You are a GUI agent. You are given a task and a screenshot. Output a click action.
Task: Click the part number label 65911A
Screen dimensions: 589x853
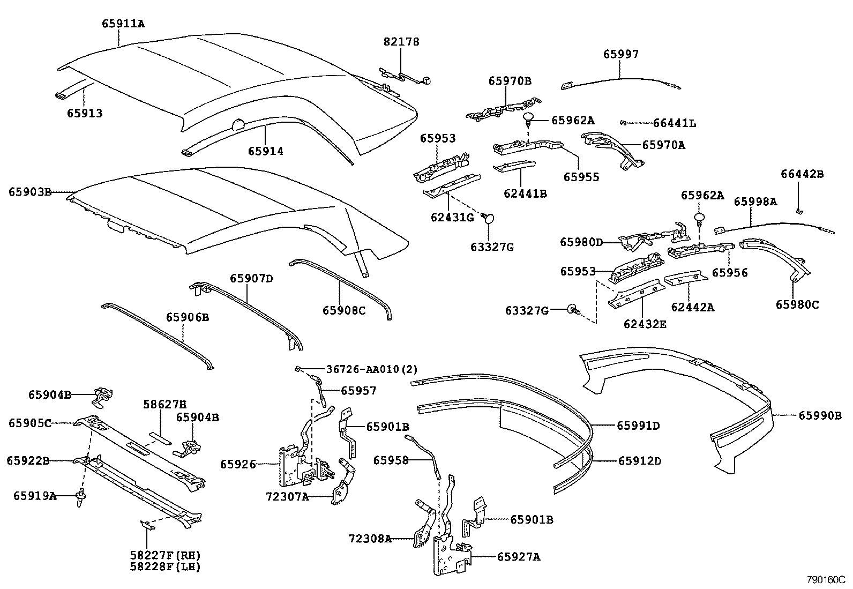click(x=123, y=24)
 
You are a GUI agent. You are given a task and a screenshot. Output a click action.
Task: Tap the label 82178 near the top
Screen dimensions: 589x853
click(x=401, y=41)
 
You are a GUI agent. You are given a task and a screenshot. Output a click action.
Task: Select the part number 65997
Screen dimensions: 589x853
click(x=621, y=54)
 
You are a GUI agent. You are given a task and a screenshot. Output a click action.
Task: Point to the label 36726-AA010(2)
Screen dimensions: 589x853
click(x=372, y=369)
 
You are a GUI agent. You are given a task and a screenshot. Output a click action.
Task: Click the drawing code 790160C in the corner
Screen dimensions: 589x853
click(x=826, y=580)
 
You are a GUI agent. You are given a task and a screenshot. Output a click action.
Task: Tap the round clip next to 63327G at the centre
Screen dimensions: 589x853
click(x=489, y=218)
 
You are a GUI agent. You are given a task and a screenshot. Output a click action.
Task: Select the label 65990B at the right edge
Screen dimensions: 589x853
click(x=820, y=415)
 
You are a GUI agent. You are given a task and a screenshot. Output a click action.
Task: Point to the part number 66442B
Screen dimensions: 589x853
click(x=802, y=174)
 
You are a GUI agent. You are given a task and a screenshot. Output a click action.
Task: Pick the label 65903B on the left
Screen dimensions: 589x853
click(x=29, y=191)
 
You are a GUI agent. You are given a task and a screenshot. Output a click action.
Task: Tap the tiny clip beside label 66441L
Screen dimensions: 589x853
click(x=623, y=123)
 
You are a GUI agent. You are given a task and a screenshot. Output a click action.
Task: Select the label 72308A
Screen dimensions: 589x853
click(x=370, y=538)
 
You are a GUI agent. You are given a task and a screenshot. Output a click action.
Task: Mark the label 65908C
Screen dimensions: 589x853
click(x=343, y=310)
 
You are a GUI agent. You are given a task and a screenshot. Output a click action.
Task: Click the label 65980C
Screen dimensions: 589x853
click(x=797, y=304)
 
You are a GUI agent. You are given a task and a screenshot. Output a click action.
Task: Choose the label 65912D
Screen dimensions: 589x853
click(x=639, y=460)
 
